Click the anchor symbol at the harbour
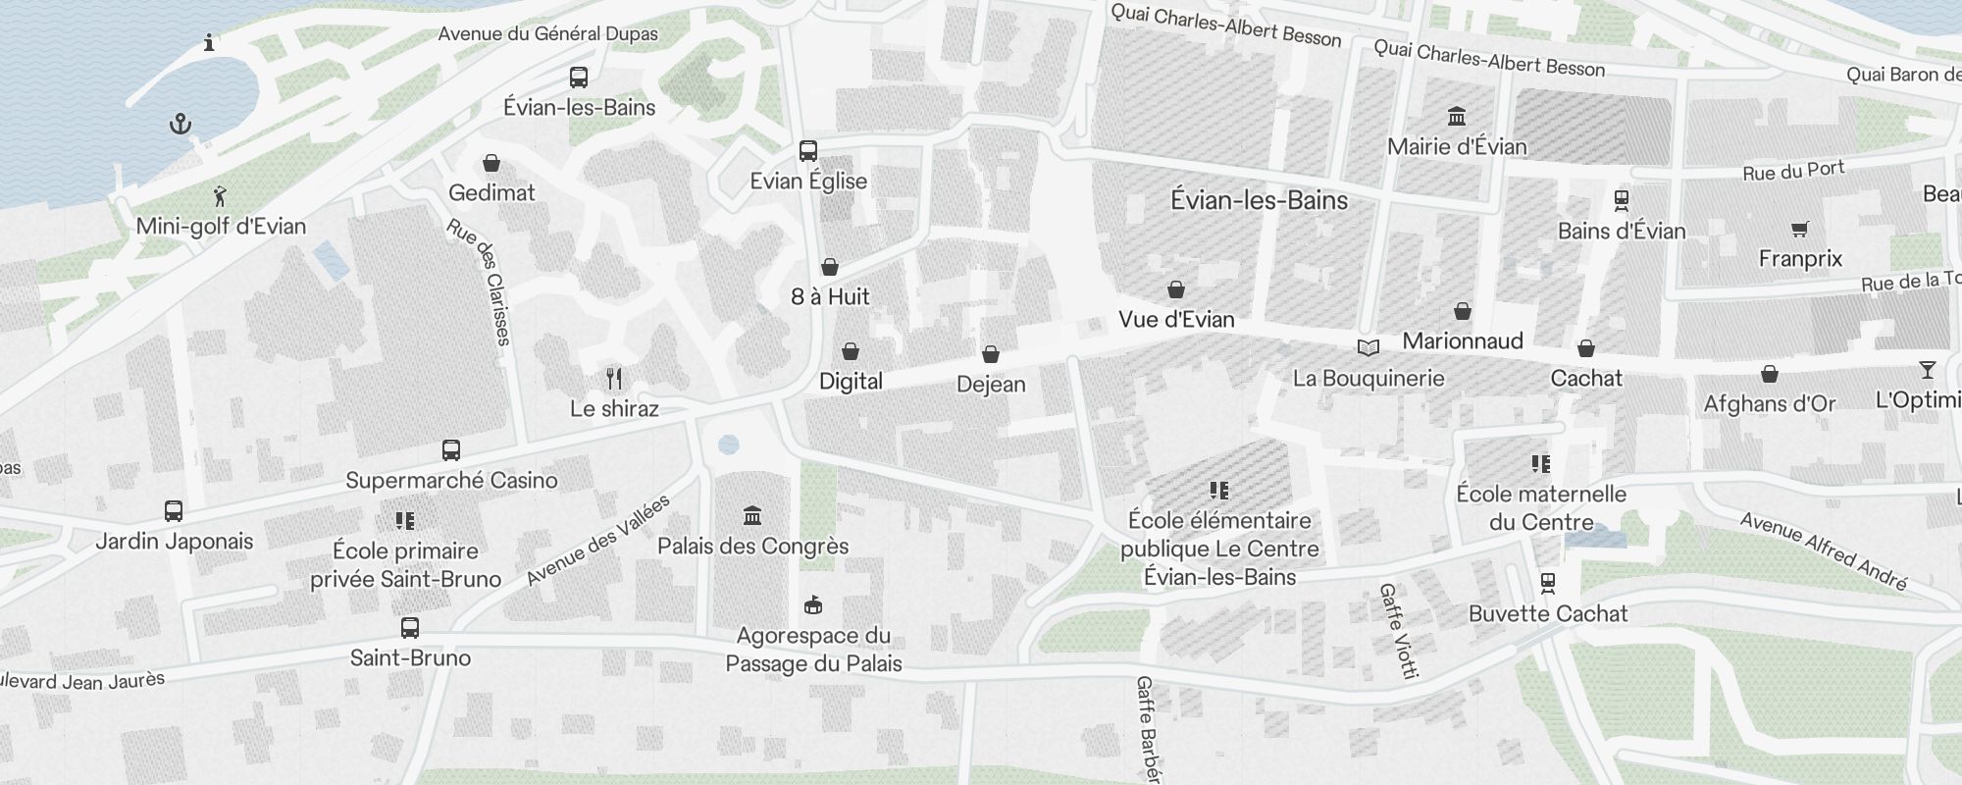point(181,124)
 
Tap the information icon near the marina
point(209,42)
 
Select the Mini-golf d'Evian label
point(221,226)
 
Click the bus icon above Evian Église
point(808,151)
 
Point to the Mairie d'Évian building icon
point(1457,117)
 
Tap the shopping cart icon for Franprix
point(1799,229)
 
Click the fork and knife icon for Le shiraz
point(614,379)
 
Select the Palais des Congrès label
point(752,546)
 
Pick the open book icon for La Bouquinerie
point(1368,347)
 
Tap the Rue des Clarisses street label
point(480,282)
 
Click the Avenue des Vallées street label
point(597,541)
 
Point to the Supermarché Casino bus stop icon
point(451,450)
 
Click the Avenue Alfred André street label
point(1824,551)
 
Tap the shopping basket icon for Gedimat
point(491,163)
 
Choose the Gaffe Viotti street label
point(1399,631)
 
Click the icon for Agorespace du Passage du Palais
point(812,604)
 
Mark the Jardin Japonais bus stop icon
point(174,511)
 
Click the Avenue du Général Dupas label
point(547,33)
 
